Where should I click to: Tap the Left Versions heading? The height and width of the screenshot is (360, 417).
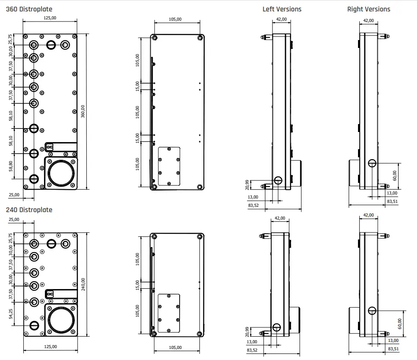point(282,9)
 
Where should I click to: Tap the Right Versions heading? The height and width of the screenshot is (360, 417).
point(369,9)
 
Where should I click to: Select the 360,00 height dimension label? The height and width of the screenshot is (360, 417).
point(83,111)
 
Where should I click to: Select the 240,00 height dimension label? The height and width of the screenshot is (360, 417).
point(83,284)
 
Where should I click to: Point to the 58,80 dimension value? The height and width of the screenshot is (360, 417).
point(11,166)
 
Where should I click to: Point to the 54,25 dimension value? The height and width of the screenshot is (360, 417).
point(11,314)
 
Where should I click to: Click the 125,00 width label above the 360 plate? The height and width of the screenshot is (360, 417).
point(50,18)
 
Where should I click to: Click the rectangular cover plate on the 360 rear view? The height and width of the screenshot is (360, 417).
point(169,166)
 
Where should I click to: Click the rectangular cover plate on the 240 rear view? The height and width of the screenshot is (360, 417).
point(169,313)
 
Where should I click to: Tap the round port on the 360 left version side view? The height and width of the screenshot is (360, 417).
point(278,180)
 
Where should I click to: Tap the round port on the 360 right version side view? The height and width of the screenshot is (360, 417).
point(373,163)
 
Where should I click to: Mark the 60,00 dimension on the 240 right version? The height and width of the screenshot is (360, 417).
point(399,323)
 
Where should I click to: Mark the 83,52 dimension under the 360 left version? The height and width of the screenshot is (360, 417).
point(253,205)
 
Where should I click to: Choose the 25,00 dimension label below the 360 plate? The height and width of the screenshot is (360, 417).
point(14,195)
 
